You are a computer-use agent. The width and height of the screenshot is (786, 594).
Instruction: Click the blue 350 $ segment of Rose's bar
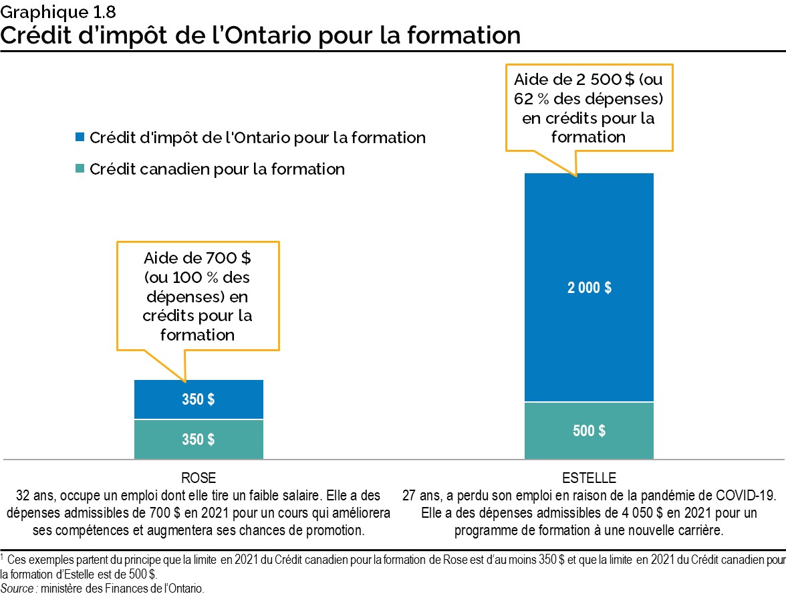click(x=199, y=399)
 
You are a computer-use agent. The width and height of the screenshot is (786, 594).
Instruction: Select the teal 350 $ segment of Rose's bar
click(x=199, y=439)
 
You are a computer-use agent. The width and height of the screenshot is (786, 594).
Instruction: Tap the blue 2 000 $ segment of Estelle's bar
click(x=589, y=288)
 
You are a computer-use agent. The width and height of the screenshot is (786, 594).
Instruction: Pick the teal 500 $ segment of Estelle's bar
click(x=589, y=431)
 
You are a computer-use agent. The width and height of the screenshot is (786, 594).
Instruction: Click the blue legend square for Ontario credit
click(x=80, y=138)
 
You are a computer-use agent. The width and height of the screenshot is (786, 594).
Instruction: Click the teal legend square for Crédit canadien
click(x=80, y=169)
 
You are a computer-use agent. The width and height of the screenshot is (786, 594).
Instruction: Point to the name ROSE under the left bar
click(x=199, y=479)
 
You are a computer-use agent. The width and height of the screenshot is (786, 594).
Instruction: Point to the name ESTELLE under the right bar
click(x=589, y=479)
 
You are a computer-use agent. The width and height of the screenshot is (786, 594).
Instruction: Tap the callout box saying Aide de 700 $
click(x=198, y=296)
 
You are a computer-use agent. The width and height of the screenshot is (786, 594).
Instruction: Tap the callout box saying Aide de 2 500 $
click(x=589, y=108)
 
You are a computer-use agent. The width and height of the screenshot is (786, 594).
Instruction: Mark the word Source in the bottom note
click(x=14, y=588)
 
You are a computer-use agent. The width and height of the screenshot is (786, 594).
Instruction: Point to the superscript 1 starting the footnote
click(x=3, y=556)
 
